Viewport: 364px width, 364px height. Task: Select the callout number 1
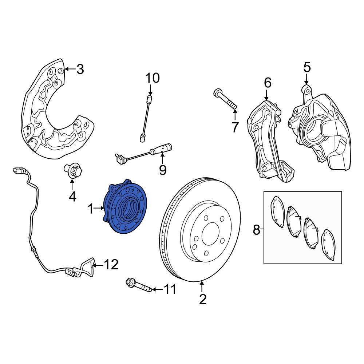pyautogui.click(x=91, y=209)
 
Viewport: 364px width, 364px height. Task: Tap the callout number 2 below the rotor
pyautogui.click(x=203, y=299)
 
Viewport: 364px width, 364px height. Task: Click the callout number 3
pyautogui.click(x=80, y=69)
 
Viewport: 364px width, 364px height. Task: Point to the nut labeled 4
pyautogui.click(x=72, y=171)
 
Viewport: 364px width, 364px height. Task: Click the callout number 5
pyautogui.click(x=307, y=67)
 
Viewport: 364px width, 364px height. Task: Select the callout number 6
pyautogui.click(x=268, y=83)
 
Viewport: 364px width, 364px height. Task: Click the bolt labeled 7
pyautogui.click(x=225, y=99)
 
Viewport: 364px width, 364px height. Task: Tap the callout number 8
pyautogui.click(x=257, y=230)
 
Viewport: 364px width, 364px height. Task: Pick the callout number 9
pyautogui.click(x=162, y=169)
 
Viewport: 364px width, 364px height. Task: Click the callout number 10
pyautogui.click(x=153, y=78)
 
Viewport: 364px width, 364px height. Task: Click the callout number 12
pyautogui.click(x=111, y=265)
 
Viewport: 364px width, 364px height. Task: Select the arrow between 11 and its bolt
pyautogui.click(x=156, y=289)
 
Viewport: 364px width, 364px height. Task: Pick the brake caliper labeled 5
pyautogui.click(x=320, y=131)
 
